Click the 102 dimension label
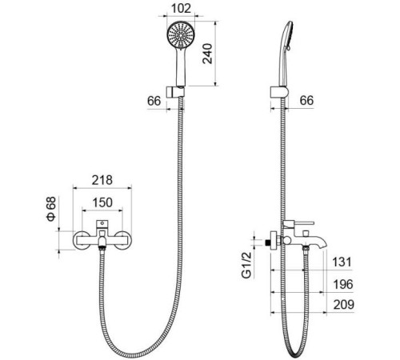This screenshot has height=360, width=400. point(181,8)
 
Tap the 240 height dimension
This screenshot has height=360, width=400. point(207,54)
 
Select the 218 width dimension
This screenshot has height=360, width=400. point(102,180)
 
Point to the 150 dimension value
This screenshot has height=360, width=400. point(102,202)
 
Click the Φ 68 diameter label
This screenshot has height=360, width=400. point(51,209)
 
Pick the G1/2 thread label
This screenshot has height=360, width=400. point(246,266)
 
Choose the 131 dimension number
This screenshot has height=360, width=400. point(342,262)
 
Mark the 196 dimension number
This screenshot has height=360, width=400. point(343,284)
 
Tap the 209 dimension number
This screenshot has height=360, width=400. point(344,305)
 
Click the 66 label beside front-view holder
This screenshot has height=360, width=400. point(154,101)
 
